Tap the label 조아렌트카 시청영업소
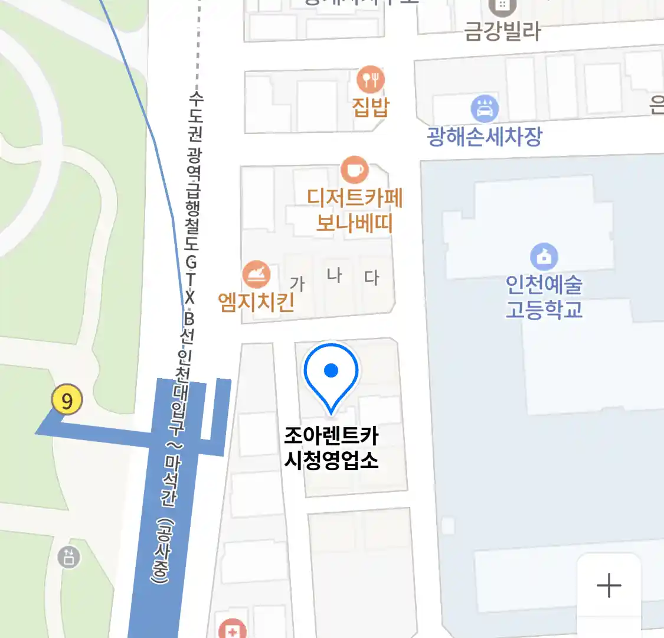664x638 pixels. click(x=331, y=448)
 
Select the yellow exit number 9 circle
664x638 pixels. click(x=67, y=400)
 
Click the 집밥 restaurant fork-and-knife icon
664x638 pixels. click(x=371, y=79)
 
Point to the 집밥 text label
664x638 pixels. click(x=371, y=107)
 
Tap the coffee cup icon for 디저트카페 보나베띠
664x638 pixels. click(x=354, y=170)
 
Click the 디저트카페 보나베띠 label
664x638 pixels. click(x=354, y=210)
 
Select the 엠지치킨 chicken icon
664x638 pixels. click(x=257, y=275)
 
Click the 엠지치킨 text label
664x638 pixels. click(x=256, y=302)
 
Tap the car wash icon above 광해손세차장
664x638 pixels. click(x=485, y=109)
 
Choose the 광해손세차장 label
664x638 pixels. click(x=485, y=136)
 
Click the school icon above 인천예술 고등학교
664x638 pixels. click(x=544, y=256)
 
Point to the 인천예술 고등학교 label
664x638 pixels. click(x=544, y=297)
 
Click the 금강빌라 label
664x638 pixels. click(x=502, y=31)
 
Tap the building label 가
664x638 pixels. click(x=297, y=284)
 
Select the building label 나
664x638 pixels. click(x=334, y=275)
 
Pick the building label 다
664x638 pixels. click(x=371, y=276)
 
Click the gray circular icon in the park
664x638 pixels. click(x=68, y=556)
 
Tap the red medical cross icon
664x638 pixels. click(x=232, y=630)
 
